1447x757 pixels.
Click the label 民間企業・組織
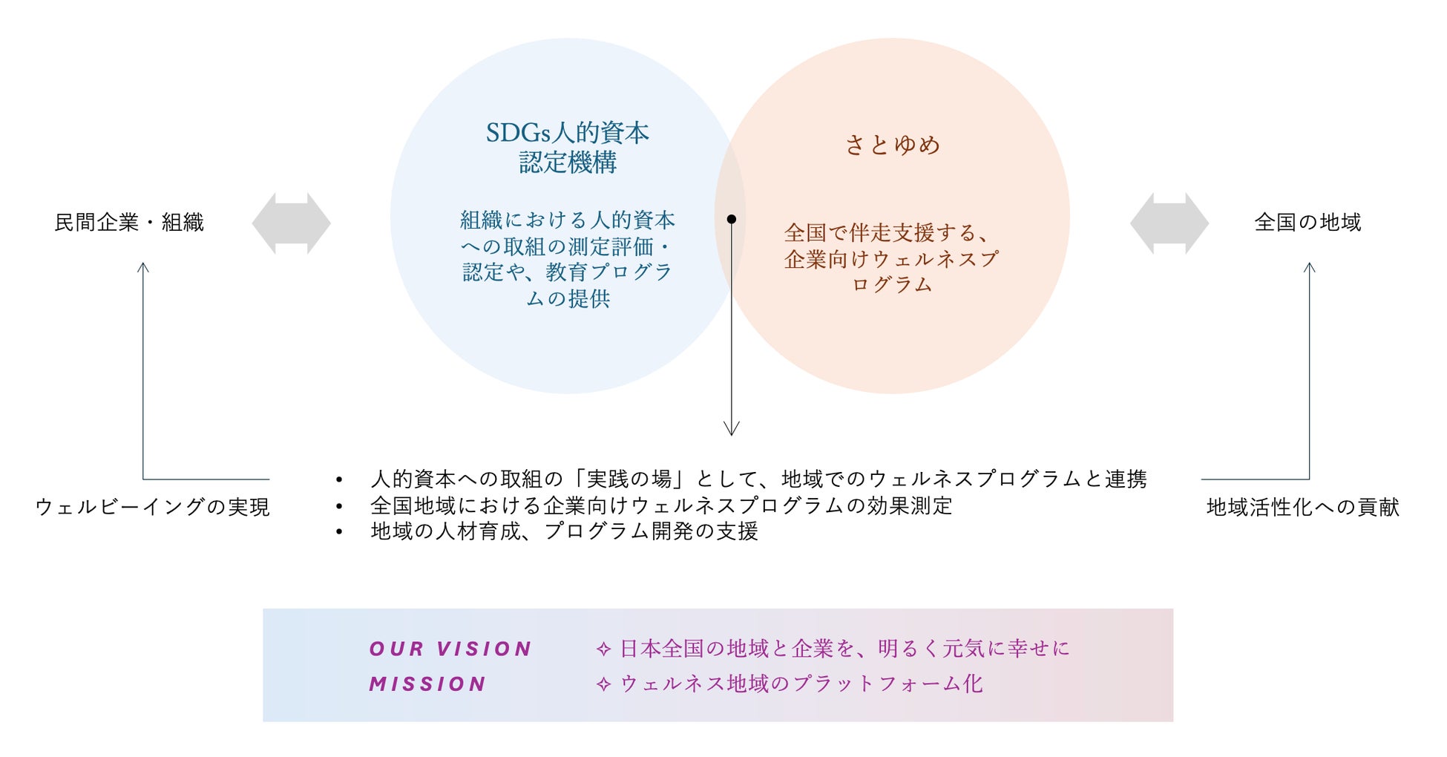coord(129,223)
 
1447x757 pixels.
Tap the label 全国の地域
coord(1307,223)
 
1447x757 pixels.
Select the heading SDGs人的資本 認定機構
coord(568,147)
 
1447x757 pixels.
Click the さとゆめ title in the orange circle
coord(893,145)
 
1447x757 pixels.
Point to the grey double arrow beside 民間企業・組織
coord(291,223)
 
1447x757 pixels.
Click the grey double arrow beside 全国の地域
coord(1169,223)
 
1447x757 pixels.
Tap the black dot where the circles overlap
coord(732,219)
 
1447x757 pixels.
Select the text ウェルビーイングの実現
coord(153,507)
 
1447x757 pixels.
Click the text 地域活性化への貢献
coord(1303,507)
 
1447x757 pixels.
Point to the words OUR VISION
coord(450,649)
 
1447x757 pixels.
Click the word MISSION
coord(428,684)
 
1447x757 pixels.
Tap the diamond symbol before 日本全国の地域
coord(603,649)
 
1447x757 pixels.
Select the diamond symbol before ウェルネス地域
coord(603,684)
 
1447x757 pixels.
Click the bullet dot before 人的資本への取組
coord(339,480)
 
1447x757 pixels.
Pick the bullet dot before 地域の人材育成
coord(339,532)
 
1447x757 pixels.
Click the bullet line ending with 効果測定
coord(660,506)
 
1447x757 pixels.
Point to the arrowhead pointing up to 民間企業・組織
coord(143,267)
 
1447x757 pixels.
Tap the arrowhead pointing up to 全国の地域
coord(1310,267)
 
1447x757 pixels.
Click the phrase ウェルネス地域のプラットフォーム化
coord(801,684)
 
